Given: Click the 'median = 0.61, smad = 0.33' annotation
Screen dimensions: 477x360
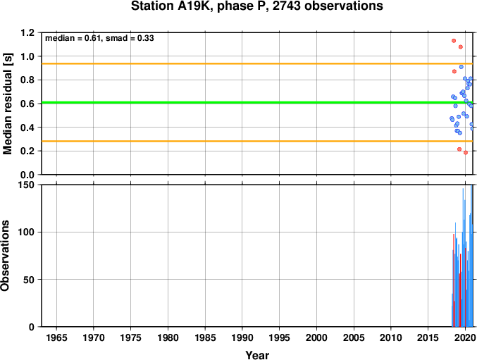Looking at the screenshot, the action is click(99, 38).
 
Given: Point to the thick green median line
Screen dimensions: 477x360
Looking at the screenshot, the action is click(257, 102).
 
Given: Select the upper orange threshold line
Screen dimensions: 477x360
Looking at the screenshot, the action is click(257, 63).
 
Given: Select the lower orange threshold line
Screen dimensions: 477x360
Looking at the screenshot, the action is click(257, 141).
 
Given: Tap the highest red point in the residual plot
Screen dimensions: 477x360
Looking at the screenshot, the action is click(454, 41).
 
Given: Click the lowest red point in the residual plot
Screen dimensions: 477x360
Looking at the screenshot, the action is click(466, 153).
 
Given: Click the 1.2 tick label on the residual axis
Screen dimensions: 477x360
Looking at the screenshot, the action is click(27, 32).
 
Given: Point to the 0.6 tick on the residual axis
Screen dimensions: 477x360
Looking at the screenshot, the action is click(27, 104).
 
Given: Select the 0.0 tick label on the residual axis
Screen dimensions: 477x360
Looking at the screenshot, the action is click(27, 175).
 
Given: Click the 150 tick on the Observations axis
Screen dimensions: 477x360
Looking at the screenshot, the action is click(27, 185).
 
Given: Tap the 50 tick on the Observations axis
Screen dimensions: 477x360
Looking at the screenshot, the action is click(29, 280).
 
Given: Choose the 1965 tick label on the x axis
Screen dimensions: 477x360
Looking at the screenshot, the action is click(56, 337).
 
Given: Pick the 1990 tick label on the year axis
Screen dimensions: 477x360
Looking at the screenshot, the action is click(242, 337).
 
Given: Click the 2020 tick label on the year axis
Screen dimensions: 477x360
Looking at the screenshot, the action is click(466, 337).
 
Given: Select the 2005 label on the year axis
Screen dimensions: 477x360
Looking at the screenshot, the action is click(354, 337).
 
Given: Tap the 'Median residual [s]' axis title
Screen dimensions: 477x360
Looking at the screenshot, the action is click(7, 104).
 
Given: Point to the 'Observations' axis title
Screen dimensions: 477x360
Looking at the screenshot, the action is click(5, 256).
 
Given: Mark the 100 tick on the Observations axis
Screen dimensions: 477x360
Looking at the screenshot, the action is click(27, 232).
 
